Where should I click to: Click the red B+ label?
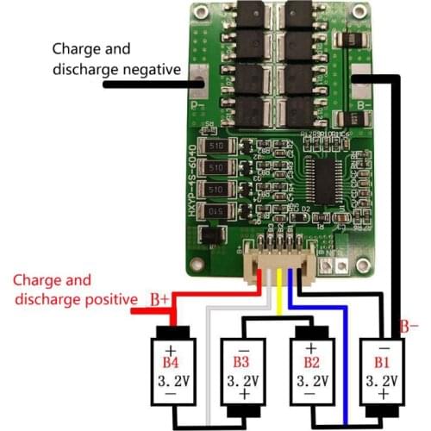160,299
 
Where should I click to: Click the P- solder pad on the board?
197,83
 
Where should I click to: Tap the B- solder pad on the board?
360,83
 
